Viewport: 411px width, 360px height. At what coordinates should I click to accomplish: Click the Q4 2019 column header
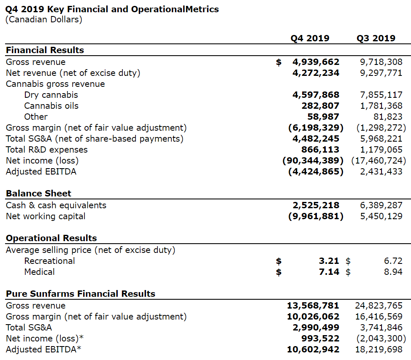[x=310, y=38]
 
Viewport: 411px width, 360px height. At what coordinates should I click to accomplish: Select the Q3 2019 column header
[x=376, y=38]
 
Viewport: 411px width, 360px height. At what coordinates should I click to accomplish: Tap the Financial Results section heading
[x=45, y=50]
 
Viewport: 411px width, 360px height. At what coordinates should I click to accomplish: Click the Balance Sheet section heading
[x=38, y=193]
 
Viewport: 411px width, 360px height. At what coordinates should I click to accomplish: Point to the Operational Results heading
[x=51, y=238]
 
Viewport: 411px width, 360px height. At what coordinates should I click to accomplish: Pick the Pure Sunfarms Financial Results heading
[x=80, y=294]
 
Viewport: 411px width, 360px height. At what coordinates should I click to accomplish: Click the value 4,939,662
[x=316, y=62]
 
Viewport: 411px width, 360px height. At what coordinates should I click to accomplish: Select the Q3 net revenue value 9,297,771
[x=381, y=73]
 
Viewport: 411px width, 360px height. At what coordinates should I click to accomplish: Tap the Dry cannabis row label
[x=51, y=95]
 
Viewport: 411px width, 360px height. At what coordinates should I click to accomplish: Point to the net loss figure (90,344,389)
[x=313, y=161]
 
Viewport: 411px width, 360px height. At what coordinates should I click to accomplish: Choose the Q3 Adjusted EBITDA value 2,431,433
[x=381, y=172]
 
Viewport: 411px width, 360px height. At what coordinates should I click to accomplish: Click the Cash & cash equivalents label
[x=56, y=205]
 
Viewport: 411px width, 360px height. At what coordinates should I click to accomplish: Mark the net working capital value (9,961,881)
[x=316, y=216]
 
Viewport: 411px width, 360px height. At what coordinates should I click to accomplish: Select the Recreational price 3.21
[x=329, y=261]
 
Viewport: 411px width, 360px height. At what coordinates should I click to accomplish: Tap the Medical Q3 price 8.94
[x=393, y=272]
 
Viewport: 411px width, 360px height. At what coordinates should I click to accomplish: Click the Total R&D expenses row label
[x=47, y=150]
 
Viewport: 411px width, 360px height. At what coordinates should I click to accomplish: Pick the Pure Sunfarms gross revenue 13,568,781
[x=313, y=306]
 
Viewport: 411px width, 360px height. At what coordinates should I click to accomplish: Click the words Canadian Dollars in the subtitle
[x=43, y=19]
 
